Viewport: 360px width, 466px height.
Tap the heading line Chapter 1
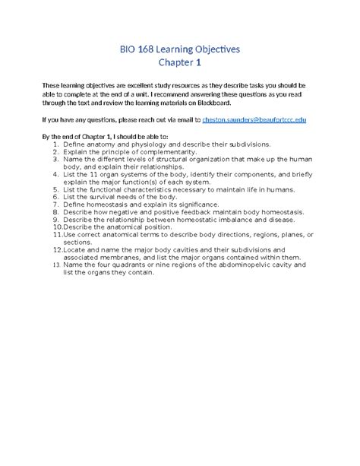tap(180, 64)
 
